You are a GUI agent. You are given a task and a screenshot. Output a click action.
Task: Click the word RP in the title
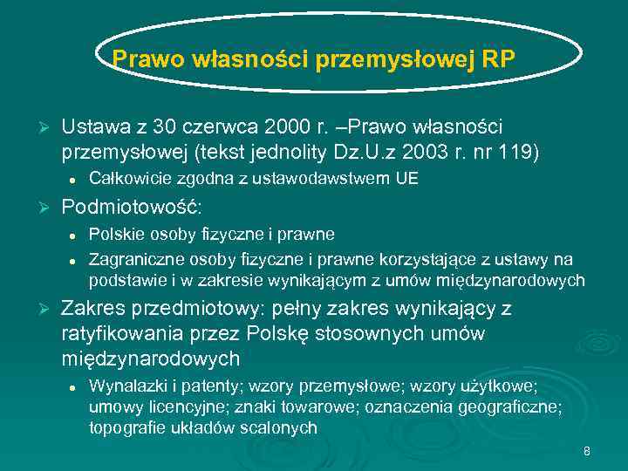click(x=498, y=59)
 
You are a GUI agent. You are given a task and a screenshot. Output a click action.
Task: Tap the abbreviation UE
click(x=407, y=180)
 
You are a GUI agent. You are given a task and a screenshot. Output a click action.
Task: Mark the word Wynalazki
click(x=125, y=386)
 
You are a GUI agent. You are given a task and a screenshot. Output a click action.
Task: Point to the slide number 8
click(x=587, y=451)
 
